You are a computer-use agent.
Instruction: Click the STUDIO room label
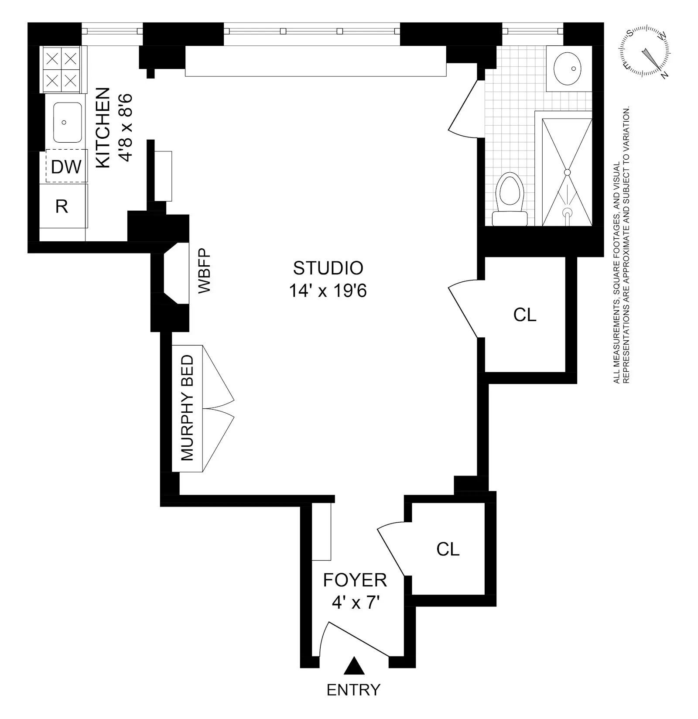coord(328,268)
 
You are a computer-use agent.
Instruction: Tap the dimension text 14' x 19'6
coord(328,291)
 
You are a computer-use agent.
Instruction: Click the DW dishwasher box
coord(67,166)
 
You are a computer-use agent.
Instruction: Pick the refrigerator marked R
coord(62,206)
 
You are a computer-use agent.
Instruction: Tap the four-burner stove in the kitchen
coord(62,69)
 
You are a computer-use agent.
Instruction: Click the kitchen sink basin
coord(67,123)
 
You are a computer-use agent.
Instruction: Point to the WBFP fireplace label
coord(204,271)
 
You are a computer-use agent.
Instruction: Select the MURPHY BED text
coord(187,408)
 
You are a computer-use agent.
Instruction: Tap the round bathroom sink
coord(567,68)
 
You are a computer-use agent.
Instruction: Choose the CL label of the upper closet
coord(525,315)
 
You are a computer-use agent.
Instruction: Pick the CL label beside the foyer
coord(448,549)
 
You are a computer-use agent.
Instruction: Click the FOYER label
coord(355,580)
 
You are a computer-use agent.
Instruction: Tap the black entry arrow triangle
coord(353,678)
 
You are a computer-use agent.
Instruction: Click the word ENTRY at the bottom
coord(353,702)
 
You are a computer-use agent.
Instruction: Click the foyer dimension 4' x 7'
coord(355,603)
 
